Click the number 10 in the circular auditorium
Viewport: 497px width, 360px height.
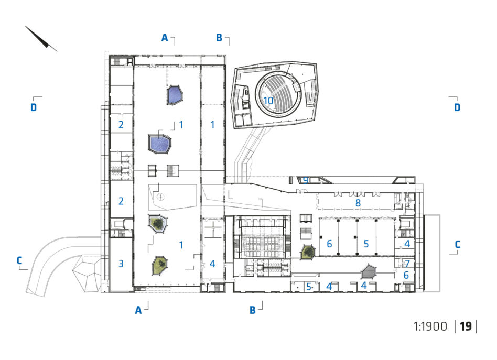pyautogui.click(x=268, y=101)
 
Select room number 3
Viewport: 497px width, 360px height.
pyautogui.click(x=121, y=264)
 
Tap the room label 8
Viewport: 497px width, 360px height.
pyautogui.click(x=358, y=203)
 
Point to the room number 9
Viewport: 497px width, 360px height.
pyautogui.click(x=305, y=180)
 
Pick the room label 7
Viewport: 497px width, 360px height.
pyautogui.click(x=407, y=264)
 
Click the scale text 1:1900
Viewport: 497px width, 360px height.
pyautogui.click(x=430, y=326)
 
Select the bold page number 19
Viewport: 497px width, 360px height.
pyautogui.click(x=466, y=326)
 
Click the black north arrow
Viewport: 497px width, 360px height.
pyautogui.click(x=41, y=38)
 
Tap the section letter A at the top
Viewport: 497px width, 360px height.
pyautogui.click(x=165, y=37)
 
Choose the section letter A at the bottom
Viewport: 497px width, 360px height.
pyautogui.click(x=138, y=310)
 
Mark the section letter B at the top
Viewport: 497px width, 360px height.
pyautogui.click(x=219, y=37)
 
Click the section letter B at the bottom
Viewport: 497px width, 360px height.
pyautogui.click(x=252, y=310)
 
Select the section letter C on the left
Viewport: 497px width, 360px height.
pyautogui.click(x=19, y=260)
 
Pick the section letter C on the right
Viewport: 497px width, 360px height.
pyautogui.click(x=457, y=244)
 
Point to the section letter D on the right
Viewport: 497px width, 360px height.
pyautogui.click(x=457, y=107)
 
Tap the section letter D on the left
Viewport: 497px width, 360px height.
pyautogui.click(x=34, y=107)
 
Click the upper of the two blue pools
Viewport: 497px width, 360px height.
pyautogui.click(x=175, y=94)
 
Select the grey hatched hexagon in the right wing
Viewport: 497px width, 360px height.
pyautogui.click(x=369, y=271)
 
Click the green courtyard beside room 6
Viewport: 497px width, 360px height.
pyautogui.click(x=307, y=252)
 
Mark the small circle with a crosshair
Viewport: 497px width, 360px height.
pyautogui.click(x=161, y=197)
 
